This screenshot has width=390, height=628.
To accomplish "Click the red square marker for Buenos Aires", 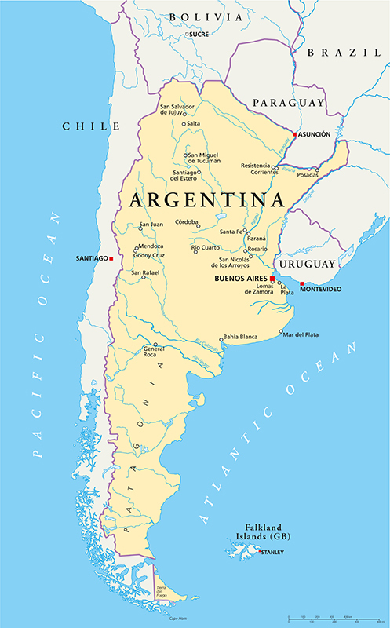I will point(272,279).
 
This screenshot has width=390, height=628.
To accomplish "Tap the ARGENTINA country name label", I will point(206,200).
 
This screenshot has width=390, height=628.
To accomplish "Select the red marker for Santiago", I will point(112,258).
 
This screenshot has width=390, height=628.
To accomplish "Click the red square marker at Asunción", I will point(294,135).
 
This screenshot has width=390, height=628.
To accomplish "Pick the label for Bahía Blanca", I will point(242,336).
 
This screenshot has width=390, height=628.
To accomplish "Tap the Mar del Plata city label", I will point(301,335).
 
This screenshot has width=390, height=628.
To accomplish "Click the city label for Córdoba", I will point(186,222).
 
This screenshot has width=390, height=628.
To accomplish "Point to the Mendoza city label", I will point(151,246).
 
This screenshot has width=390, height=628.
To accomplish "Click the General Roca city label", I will point(153,351).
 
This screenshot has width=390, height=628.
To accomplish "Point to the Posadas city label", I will point(307,175).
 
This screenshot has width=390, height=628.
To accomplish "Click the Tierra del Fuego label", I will point(164,590).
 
